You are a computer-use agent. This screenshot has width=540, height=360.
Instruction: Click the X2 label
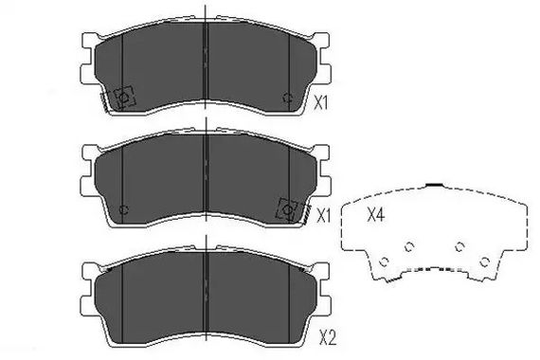[328, 337]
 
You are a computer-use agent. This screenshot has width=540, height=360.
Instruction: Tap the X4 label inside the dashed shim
[375, 215]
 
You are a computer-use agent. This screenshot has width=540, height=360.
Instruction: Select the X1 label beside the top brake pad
[320, 103]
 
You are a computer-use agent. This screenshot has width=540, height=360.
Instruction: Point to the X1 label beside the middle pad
[323, 216]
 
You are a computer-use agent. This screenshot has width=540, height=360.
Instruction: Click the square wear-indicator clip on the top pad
[124, 97]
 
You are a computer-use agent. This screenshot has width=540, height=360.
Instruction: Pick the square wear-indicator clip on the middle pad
[287, 209]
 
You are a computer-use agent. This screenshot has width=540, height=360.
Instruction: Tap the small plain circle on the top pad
[287, 98]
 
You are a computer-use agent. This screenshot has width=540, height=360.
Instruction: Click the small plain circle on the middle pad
[124, 209]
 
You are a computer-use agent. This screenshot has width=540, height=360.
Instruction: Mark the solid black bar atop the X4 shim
[435, 185]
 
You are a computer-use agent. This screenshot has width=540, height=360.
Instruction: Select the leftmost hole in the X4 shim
[384, 261]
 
